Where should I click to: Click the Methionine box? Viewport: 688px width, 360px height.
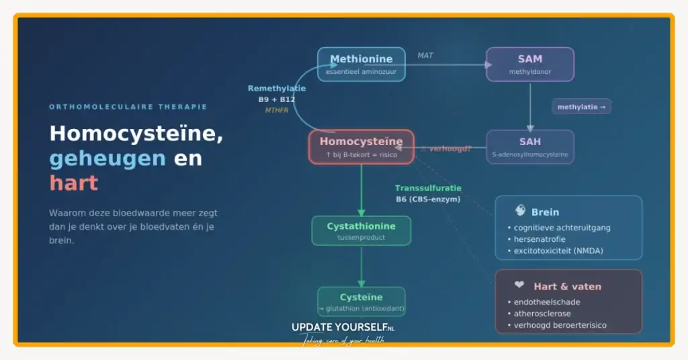pyautogui.click(x=361, y=64)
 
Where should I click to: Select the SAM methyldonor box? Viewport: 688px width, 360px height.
pyautogui.click(x=529, y=64)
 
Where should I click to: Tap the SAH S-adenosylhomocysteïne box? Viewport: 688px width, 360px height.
pyautogui.click(x=529, y=147)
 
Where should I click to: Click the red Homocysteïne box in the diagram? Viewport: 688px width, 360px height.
pyautogui.click(x=361, y=146)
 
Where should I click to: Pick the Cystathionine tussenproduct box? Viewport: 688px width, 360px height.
pyautogui.click(x=361, y=230)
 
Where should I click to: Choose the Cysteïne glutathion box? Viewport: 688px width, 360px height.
pyautogui.click(x=361, y=302)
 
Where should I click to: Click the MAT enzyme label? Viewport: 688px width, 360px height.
pyautogui.click(x=425, y=55)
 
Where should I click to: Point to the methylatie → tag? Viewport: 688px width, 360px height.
pyautogui.click(x=581, y=107)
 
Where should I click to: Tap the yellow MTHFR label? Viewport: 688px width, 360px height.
pyautogui.click(x=276, y=110)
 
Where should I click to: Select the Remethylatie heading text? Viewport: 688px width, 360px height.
pyautogui.click(x=276, y=88)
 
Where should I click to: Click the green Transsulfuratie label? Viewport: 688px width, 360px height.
pyautogui.click(x=428, y=188)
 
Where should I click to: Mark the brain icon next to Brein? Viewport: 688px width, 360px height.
pyautogui.click(x=519, y=211)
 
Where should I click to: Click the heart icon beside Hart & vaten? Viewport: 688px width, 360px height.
pyautogui.click(x=519, y=285)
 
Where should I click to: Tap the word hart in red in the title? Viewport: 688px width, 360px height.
pyautogui.click(x=73, y=183)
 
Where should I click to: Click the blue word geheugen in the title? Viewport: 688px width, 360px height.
pyautogui.click(x=107, y=159)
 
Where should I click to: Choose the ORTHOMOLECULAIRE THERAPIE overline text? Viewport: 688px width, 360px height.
pyautogui.click(x=128, y=107)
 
